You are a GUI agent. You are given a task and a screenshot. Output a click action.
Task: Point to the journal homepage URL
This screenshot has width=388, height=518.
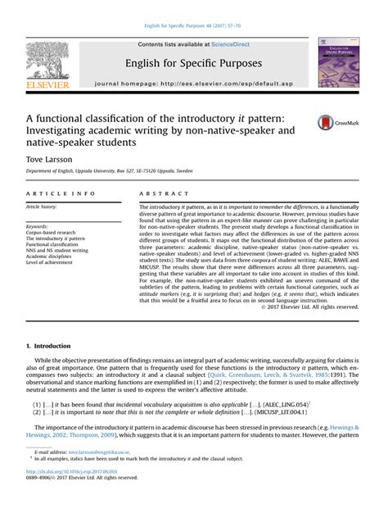pyautogui.click(x=193, y=84)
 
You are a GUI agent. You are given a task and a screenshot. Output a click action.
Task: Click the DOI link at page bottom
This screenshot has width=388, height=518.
pyautogui.click(x=66, y=494)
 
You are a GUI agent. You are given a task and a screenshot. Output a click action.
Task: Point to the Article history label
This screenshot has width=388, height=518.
pyautogui.click(x=43, y=208)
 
